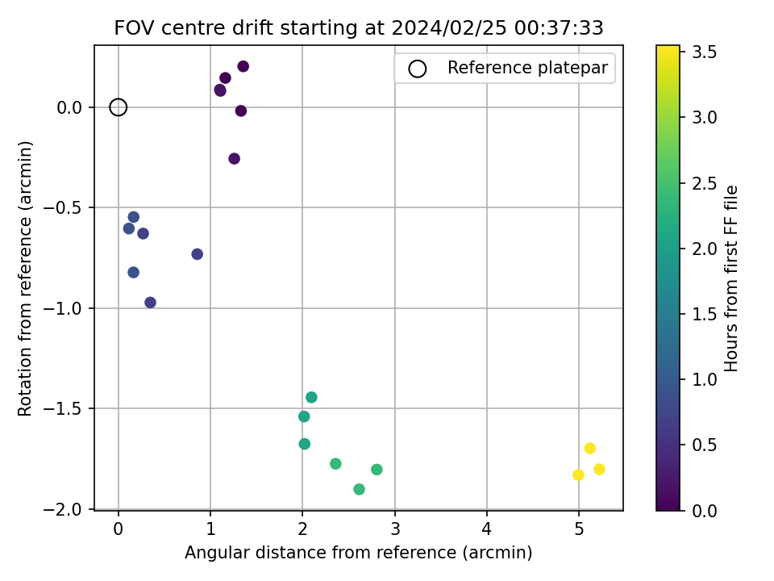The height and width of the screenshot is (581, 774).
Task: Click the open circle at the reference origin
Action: [118, 107]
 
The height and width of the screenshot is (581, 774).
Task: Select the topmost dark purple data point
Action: [243, 66]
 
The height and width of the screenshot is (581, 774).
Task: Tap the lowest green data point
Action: [359, 489]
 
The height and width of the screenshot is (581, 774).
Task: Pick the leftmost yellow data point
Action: [578, 474]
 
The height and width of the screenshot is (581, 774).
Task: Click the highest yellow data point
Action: [589, 448]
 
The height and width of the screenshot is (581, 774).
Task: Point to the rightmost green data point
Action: [377, 470]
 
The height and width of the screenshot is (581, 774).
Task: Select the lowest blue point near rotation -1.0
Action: [150, 303]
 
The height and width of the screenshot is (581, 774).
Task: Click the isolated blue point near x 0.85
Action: [197, 254]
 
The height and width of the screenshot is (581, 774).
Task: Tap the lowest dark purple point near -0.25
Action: [234, 159]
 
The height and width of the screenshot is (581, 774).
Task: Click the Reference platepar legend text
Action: [527, 68]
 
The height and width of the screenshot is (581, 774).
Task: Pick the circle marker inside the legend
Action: [417, 69]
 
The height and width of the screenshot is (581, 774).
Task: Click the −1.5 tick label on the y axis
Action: [62, 408]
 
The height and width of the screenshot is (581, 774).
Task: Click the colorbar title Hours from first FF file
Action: [730, 278]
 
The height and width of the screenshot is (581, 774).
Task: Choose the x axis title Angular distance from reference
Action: [358, 552]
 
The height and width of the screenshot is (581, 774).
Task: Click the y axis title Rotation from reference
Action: [25, 278]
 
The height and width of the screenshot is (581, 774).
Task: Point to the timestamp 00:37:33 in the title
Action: [559, 28]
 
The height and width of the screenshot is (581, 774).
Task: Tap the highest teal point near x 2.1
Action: [311, 397]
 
